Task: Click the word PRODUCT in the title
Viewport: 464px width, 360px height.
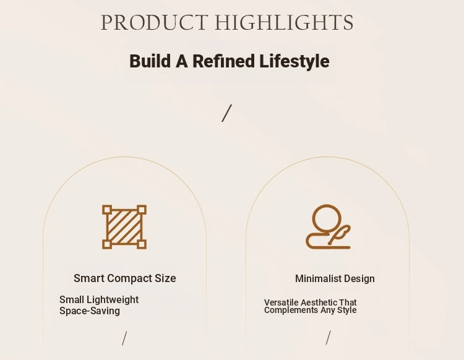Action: coord(154,22)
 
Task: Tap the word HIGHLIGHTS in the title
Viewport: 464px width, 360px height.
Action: coord(284,22)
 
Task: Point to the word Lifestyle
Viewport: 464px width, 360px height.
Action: coord(294,62)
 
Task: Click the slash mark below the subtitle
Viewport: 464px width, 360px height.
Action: coord(226,113)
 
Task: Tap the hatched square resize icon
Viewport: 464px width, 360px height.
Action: coord(124,227)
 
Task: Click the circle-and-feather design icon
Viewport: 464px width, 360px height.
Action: coord(328,226)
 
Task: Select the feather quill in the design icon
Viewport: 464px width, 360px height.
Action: coord(340,234)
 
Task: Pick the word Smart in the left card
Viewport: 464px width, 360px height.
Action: coord(89,278)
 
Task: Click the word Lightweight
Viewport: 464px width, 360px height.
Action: coord(113,300)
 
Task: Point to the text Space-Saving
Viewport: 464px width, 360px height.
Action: coord(90,311)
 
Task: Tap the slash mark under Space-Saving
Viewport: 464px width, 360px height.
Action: coord(124,338)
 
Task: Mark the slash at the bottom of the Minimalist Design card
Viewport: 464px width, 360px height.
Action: coord(328,338)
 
